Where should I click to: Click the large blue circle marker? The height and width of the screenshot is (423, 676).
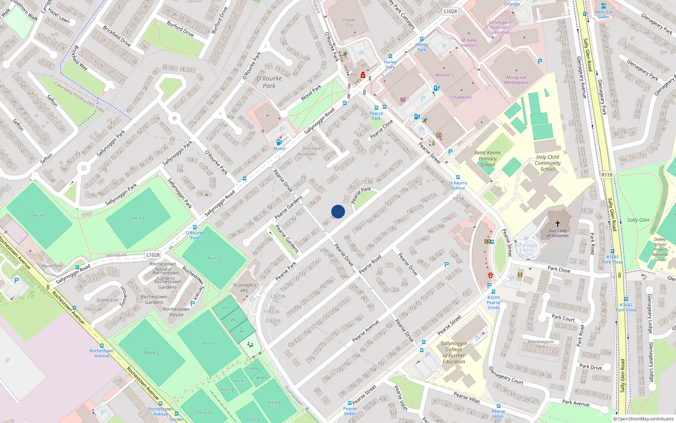pos(338,211)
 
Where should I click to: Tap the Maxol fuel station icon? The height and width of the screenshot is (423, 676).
pos(279,143)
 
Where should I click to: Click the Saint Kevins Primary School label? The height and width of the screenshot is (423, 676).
pos(488,159)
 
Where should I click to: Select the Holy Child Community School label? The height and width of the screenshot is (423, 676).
pos(548,163)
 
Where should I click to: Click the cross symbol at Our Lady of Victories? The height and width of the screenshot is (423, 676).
pos(558,223)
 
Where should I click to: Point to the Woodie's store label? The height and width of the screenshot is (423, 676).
pos(444,75)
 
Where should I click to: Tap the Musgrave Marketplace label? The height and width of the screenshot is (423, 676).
pos(516,80)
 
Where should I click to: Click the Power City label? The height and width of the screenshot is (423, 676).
pos(349,22)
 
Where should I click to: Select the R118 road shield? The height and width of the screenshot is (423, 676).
pos(607,175)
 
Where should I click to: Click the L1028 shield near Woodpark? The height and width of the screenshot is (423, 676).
pos(153,255)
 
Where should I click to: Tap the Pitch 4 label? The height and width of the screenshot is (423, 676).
pos(138,218)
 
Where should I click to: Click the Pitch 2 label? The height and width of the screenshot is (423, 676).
pos(152,353)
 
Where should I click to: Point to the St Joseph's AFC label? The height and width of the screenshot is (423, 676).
pos(245,288)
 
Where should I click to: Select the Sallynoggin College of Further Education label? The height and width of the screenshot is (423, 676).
pos(454,352)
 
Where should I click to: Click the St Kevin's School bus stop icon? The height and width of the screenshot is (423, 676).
pos(458,178)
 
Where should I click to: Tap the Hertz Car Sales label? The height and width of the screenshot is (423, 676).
pos(604,14)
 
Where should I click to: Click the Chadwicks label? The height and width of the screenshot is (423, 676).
pos(461,97)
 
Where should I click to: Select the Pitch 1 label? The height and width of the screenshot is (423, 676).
pos(39,216)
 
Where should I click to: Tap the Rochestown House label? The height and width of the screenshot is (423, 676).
pos(177,312)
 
